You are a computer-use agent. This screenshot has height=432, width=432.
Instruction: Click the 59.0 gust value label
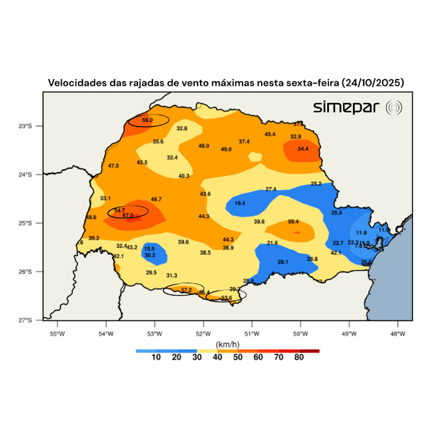pyautogui.click(x=147, y=120)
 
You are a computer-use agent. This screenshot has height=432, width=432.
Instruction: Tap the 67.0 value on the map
pyautogui.click(x=128, y=215)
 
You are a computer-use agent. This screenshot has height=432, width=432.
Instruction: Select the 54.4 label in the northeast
pyautogui.click(x=303, y=149)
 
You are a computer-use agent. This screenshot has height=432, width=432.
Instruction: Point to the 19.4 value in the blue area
pyautogui.click(x=239, y=203)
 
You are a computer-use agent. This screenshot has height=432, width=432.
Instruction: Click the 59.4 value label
pyautogui.click(x=293, y=222)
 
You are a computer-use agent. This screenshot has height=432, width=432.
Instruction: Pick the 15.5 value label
pyautogui.click(x=149, y=249)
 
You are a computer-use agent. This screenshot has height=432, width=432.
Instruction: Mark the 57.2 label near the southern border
pyautogui.click(x=186, y=289)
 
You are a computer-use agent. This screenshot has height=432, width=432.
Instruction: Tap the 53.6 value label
pyautogui.click(x=226, y=298)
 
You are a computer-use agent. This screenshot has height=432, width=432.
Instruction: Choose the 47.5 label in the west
pyautogui.click(x=114, y=166)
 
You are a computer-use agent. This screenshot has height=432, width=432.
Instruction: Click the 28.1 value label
pyautogui.click(x=283, y=262)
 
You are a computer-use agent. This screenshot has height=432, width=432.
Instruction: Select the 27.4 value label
pyautogui.click(x=271, y=189)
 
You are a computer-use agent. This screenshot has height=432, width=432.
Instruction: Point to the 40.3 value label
pyautogui.click(x=184, y=176)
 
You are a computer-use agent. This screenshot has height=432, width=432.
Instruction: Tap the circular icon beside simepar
pyautogui.click(x=394, y=108)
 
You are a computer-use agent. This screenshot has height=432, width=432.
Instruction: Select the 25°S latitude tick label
pyautogui.click(x=33, y=223)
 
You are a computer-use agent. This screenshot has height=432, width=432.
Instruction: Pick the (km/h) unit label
pyautogui.click(x=223, y=344)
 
